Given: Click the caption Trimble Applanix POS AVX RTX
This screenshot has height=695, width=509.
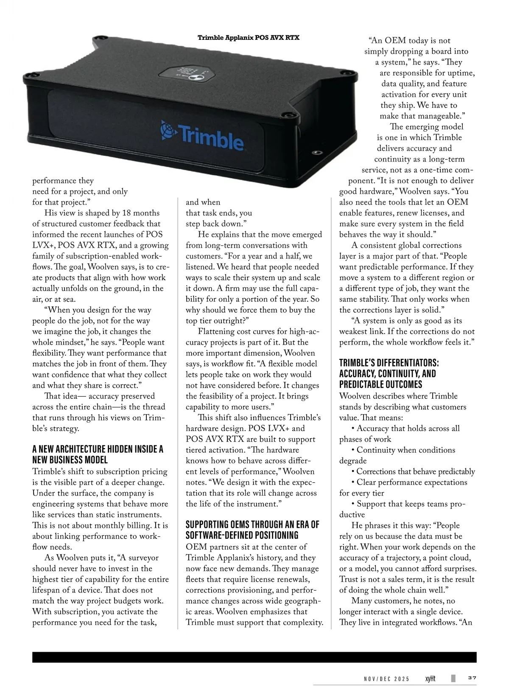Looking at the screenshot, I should [249, 38].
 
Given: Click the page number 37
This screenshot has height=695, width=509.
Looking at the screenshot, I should [472, 678].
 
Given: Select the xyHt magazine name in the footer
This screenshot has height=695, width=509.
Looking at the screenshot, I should [430, 678].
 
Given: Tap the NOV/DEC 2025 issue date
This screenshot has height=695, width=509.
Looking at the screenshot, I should [386, 679].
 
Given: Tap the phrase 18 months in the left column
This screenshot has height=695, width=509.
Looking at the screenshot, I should [140, 213].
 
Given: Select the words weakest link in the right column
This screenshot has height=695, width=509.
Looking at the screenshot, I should [359, 331].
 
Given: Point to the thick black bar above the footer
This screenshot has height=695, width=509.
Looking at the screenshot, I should [254, 657].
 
